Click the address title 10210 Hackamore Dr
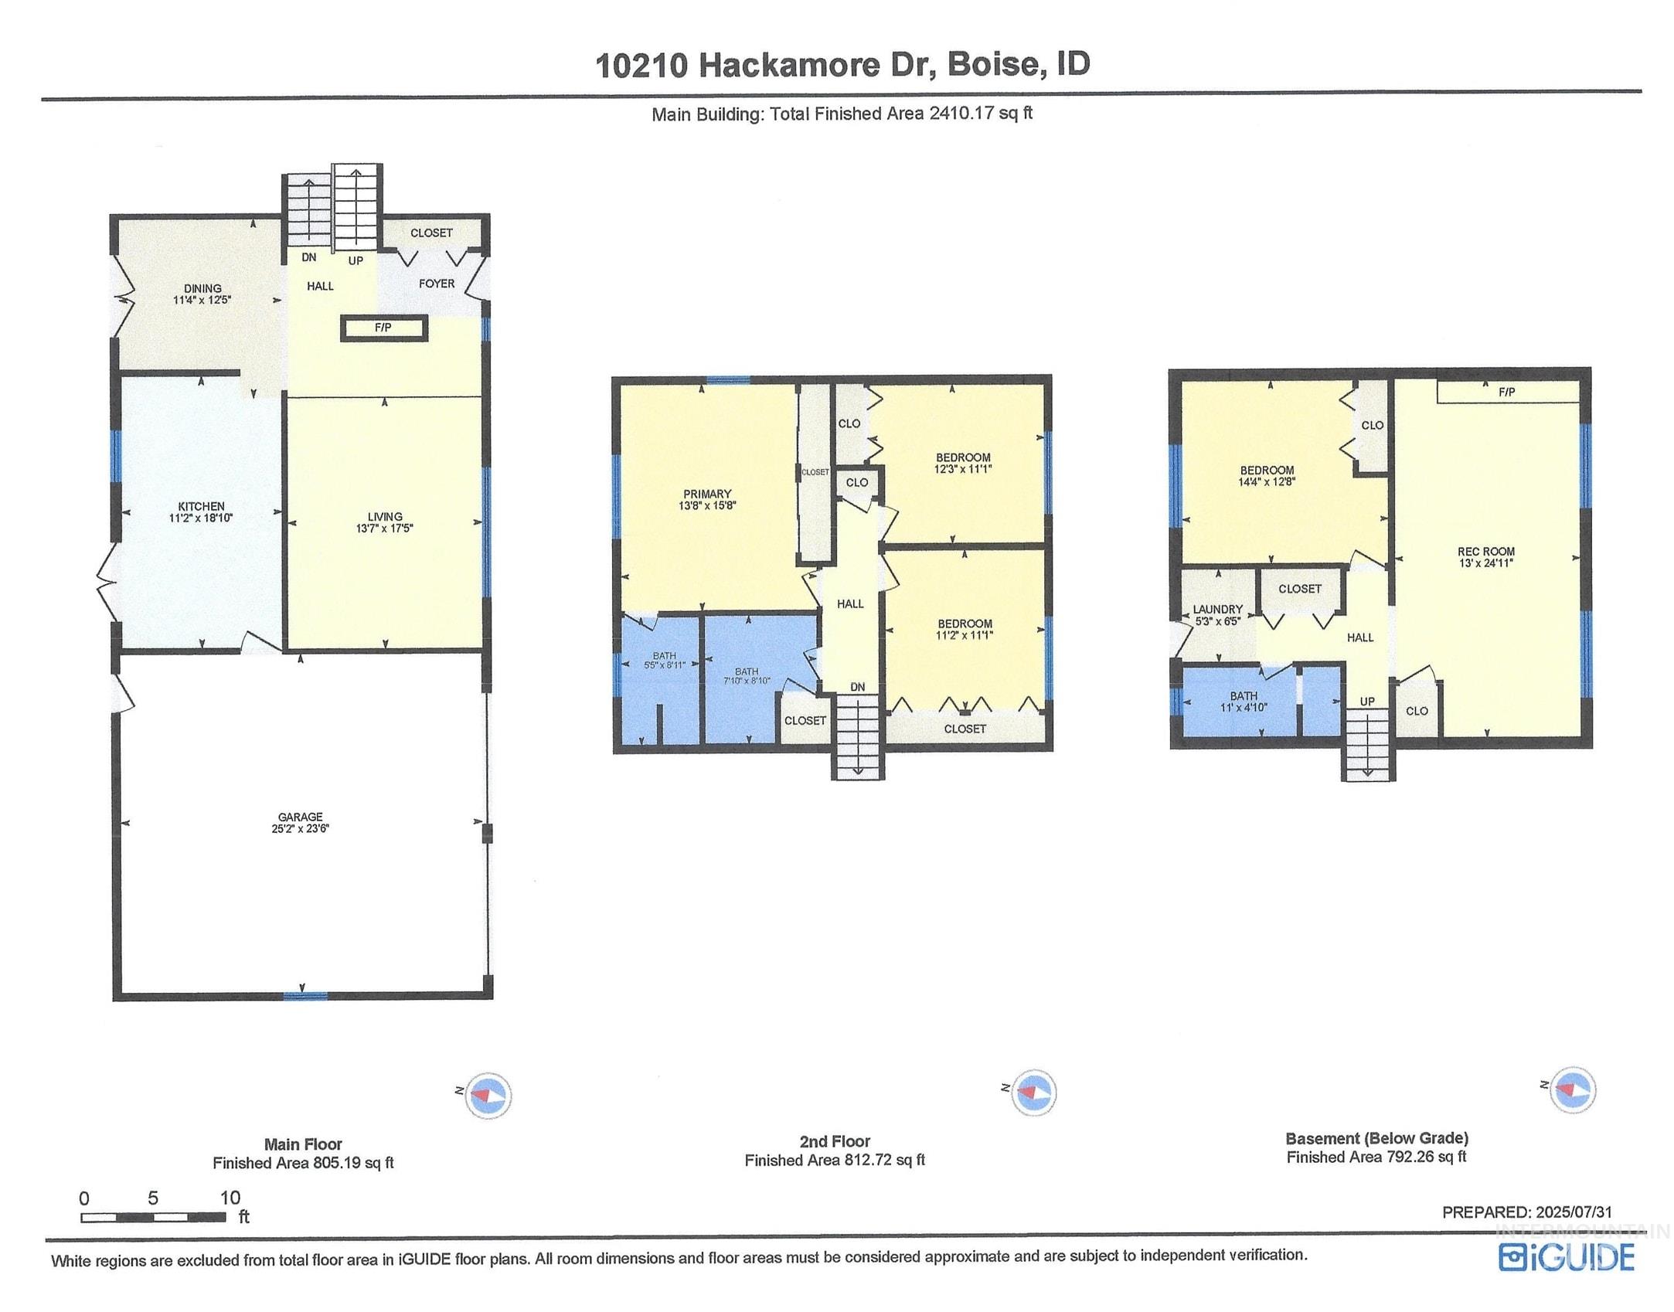pos(842,65)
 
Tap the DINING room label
pos(202,289)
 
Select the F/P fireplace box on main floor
pos(383,328)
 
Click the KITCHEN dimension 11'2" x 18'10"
pos(201,518)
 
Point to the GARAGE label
pos(301,817)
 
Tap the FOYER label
pos(437,284)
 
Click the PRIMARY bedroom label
pos(707,495)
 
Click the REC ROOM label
pos(1485,552)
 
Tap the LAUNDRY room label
pos(1217,610)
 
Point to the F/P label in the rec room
pos(1506,393)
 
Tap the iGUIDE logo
pos(1567,1257)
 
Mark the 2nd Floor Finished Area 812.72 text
pos(835,1161)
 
